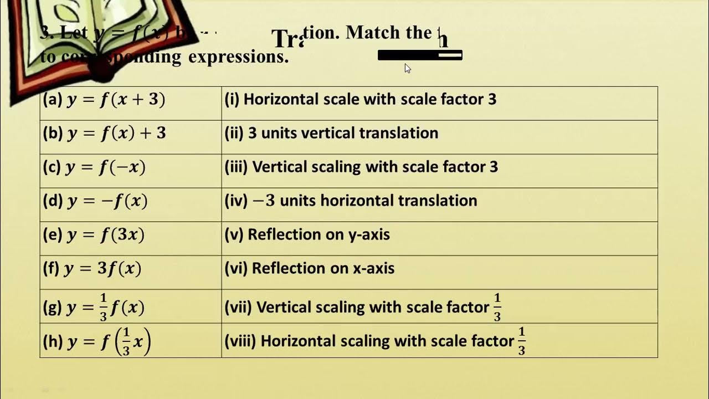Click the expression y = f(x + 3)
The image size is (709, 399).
(116, 100)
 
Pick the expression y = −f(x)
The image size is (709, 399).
(107, 201)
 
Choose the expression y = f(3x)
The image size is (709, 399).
(106, 235)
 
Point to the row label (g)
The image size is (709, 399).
(52, 308)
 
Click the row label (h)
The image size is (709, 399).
(53, 341)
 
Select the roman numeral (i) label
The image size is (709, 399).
(232, 100)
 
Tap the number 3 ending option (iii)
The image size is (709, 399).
(494, 167)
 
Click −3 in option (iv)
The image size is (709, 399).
(264, 201)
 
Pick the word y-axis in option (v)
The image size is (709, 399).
(368, 235)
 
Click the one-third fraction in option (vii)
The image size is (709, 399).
(497, 308)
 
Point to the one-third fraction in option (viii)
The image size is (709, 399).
(521, 341)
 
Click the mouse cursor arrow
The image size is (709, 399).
(407, 68)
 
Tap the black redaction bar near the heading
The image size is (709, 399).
(419, 55)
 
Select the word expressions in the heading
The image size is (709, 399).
(238, 57)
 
